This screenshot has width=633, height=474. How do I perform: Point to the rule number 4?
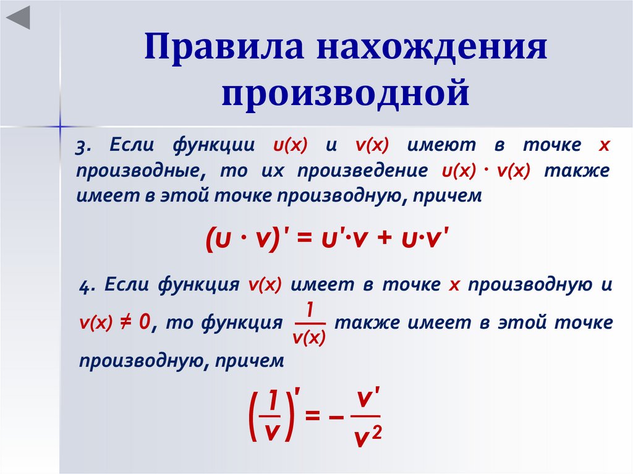coord(87,286)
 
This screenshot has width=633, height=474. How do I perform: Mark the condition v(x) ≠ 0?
coord(116,321)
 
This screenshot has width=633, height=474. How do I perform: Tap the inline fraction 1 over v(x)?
coord(309,322)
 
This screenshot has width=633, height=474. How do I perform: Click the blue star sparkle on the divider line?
coord(61,126)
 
